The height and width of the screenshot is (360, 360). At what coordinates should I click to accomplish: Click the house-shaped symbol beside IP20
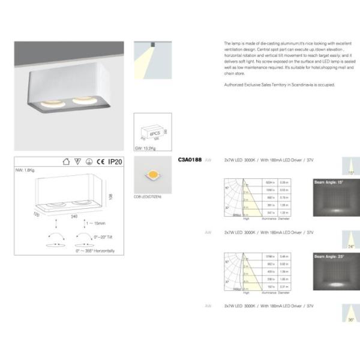click(x=66, y=161)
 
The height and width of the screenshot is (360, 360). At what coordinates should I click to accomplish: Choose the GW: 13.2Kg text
click(x=146, y=146)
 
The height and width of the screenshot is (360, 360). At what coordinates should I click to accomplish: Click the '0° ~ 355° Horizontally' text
click(x=95, y=250)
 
